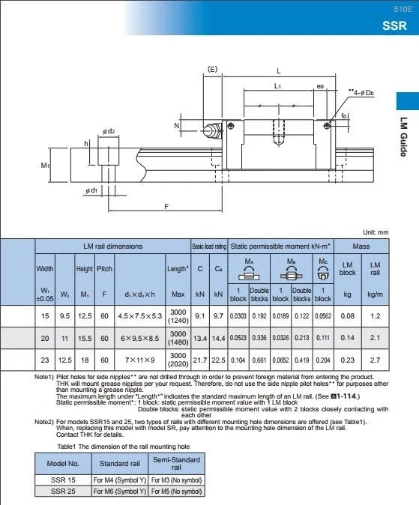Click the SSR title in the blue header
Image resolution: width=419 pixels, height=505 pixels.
[394, 25]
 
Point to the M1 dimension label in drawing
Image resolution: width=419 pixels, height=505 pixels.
[44, 166]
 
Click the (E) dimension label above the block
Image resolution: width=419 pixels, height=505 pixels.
[212, 70]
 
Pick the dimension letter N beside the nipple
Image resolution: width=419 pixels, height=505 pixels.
[177, 126]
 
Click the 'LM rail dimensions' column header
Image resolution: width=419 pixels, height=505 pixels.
[112, 246]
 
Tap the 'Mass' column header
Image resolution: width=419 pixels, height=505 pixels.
[361, 246]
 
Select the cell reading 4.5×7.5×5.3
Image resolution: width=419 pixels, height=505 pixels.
[139, 316]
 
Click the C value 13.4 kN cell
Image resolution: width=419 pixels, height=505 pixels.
[199, 338]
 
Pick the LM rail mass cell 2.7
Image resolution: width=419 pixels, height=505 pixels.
[376, 360]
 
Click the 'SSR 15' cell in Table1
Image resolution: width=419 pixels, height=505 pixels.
[63, 479]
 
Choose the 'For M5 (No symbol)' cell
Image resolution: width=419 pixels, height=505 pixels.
[176, 491]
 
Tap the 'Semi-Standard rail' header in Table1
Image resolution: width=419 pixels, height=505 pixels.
[176, 463]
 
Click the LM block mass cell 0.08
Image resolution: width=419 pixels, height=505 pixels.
[347, 316]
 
